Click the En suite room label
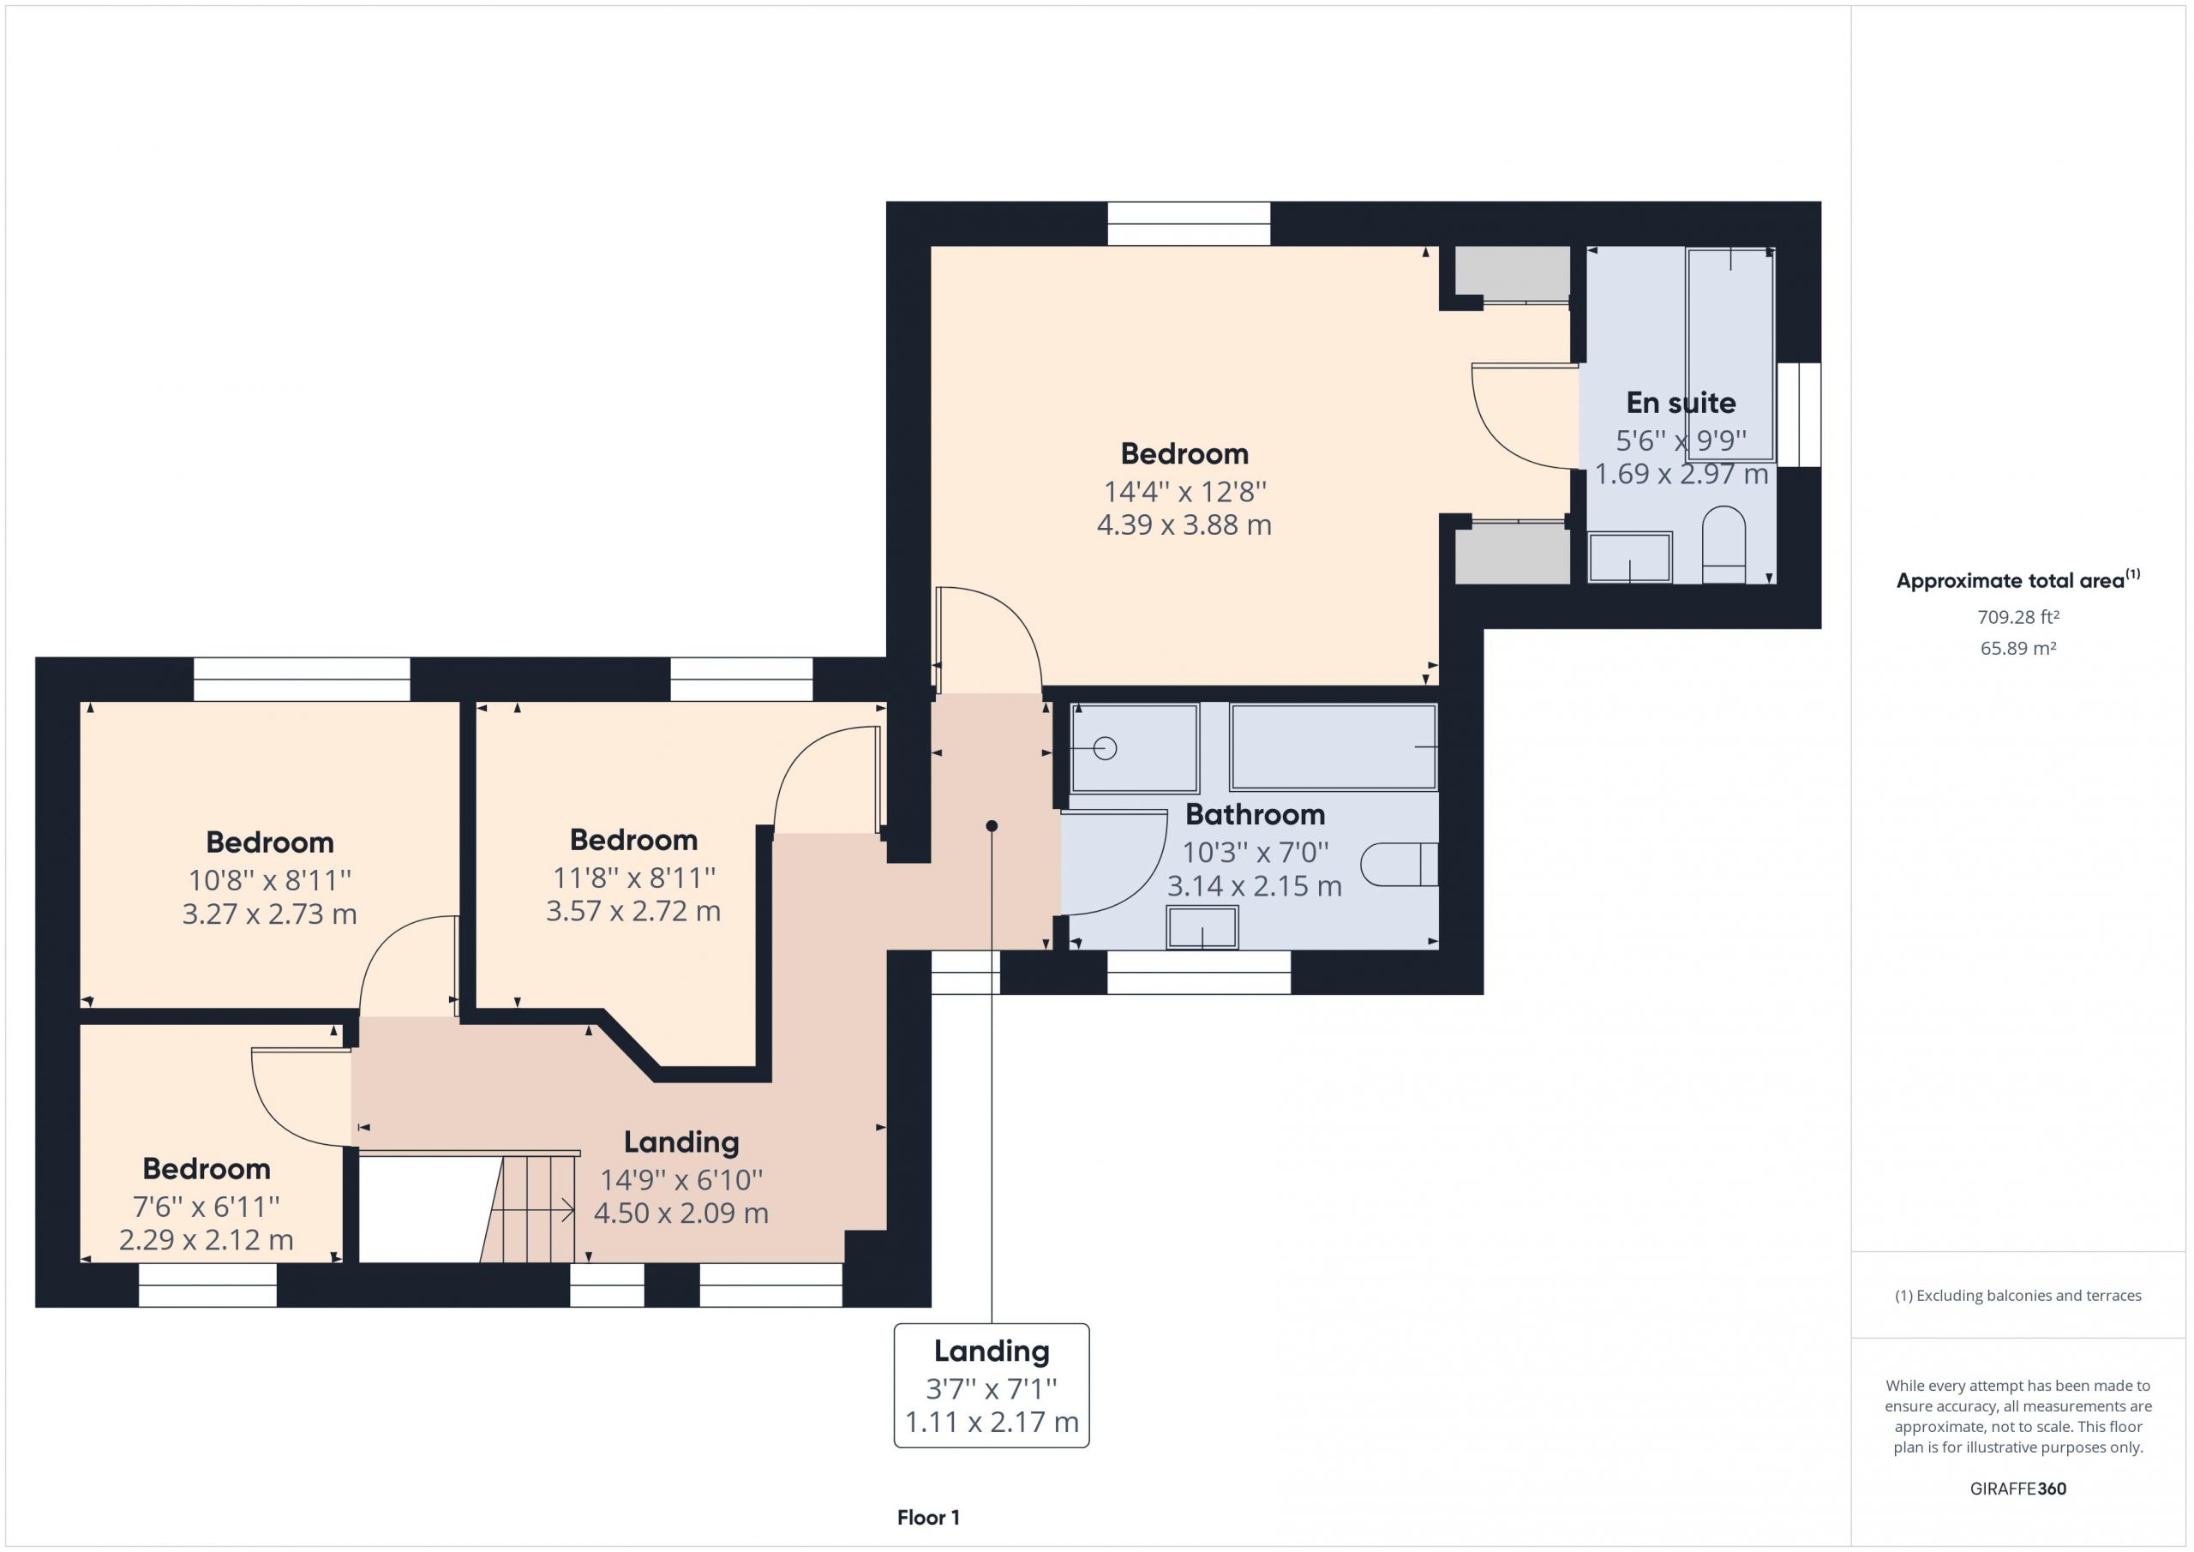1681,404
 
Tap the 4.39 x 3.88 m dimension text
1184,524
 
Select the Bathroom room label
1255,814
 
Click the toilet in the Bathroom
1399,864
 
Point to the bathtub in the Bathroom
1333,747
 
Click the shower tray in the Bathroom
1134,748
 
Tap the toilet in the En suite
1723,544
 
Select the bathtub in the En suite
1730,355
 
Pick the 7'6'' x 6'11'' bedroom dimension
207,1206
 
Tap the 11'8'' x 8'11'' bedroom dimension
633,878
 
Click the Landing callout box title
992,1351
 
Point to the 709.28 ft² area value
2018,617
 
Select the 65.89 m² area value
2018,648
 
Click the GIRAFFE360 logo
2018,1488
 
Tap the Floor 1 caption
928,1517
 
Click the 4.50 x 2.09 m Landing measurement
681,1213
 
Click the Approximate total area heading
2018,579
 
